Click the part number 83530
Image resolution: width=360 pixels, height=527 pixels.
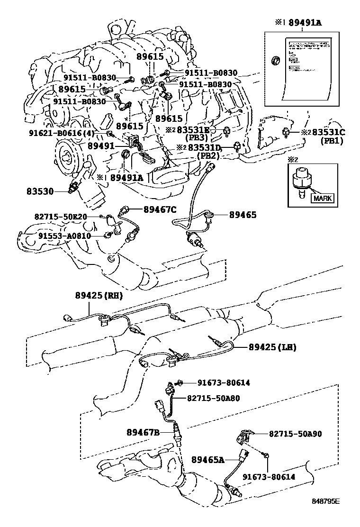[41, 191]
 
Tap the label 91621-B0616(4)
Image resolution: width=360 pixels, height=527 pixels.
[62, 134]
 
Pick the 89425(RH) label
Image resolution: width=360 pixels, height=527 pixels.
[99, 295]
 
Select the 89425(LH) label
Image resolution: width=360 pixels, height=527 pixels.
[272, 347]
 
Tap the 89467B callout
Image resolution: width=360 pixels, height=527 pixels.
[143, 432]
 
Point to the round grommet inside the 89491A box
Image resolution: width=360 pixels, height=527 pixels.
[274, 61]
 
